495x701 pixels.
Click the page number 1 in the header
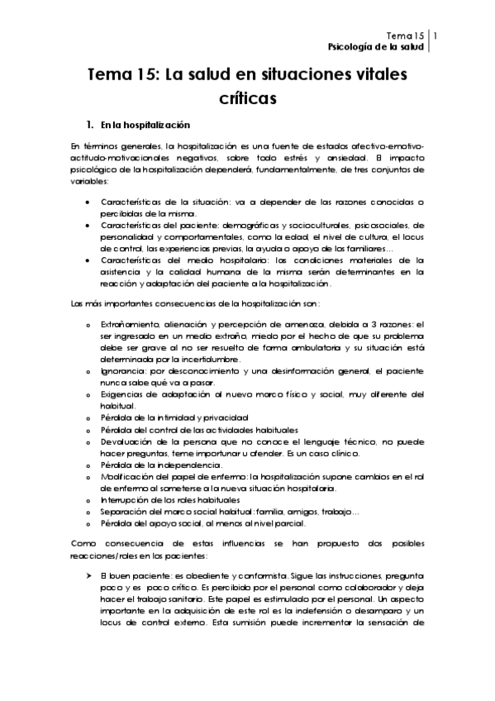pos(436,36)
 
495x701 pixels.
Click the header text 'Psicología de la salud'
pos(376,47)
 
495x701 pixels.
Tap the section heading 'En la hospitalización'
pos(145,126)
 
